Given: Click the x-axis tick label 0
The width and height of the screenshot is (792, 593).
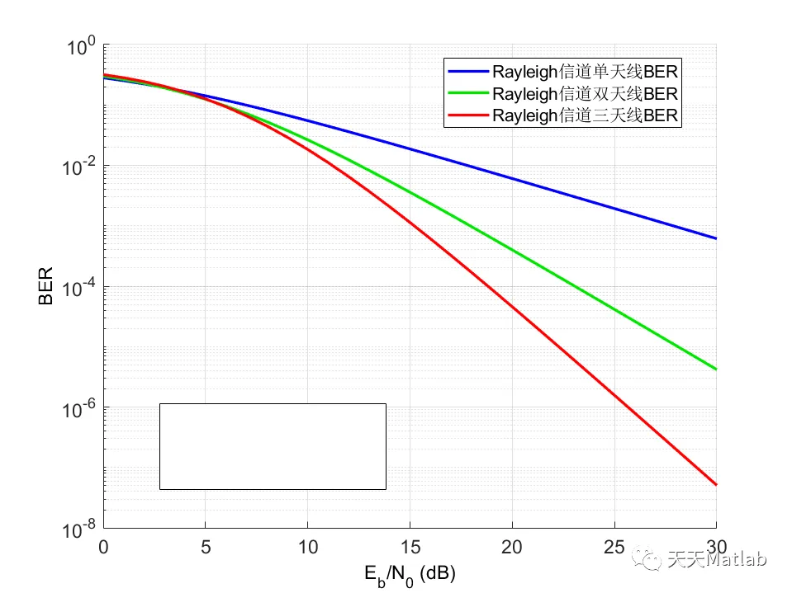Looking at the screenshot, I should point(103,546).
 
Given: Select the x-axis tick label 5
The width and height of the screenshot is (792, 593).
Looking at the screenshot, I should point(205,546).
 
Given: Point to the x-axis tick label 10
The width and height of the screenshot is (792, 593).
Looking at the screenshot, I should point(307,546).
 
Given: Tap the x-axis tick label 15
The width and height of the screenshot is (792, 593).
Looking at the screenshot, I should point(410,546).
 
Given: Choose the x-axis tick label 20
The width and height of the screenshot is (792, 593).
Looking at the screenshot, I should point(512,546).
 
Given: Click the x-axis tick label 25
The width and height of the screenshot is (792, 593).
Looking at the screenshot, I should point(614,546).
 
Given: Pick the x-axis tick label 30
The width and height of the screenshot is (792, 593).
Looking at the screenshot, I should point(715,546).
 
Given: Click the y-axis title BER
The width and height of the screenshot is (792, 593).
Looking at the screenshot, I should point(46,285).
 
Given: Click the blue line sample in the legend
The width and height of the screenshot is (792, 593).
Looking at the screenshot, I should point(467,69).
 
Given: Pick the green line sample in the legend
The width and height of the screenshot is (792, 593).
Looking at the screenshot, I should point(467,92).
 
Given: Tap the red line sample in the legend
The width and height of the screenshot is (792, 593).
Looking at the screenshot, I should point(467,115).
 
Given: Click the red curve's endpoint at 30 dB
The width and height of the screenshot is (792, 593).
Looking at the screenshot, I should point(715,484).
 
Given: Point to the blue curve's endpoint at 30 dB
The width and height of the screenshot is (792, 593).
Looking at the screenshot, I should point(715,238).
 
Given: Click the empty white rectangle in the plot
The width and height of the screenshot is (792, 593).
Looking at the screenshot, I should point(273,446).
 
